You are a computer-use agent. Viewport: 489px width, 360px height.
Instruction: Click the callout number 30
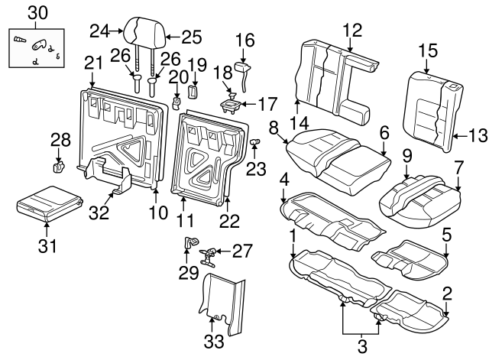tap(37, 12)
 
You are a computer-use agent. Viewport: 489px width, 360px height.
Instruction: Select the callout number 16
tap(244, 40)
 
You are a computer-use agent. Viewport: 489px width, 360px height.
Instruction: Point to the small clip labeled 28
tap(57, 164)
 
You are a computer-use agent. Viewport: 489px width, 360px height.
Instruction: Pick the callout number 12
tap(351, 31)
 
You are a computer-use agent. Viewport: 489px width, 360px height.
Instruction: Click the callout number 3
tap(362, 345)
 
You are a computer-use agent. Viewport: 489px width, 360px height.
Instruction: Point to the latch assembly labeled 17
tap(232, 101)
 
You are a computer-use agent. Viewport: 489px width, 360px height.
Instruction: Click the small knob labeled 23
tap(257, 142)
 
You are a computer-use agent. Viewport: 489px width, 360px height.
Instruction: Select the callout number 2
tap(447, 290)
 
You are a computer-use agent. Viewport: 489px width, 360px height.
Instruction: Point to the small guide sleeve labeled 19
tap(193, 91)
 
